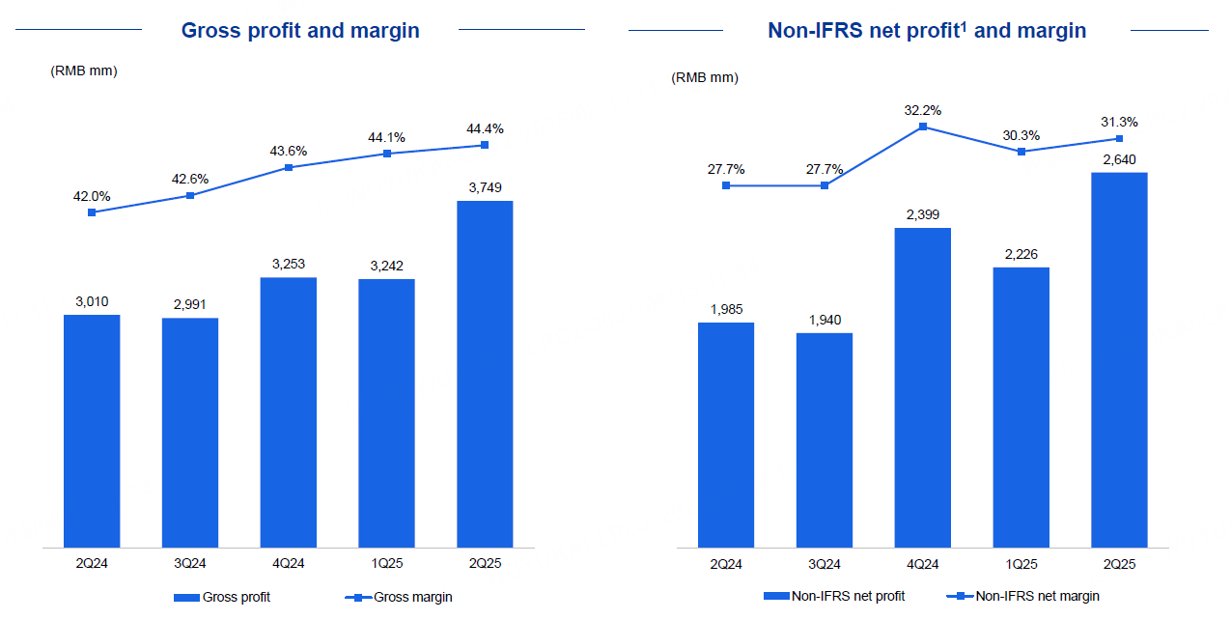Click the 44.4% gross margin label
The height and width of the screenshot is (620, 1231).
coord(484,128)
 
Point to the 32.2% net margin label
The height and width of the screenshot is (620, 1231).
coord(922,110)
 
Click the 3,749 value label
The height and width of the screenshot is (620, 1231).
coord(485,187)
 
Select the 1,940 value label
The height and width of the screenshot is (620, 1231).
coord(825,320)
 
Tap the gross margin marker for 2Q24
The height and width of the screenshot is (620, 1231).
coord(92,212)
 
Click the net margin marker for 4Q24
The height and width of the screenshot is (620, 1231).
coord(923,127)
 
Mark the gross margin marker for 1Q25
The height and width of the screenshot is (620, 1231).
coord(386,154)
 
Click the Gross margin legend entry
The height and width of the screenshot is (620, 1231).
coord(399,597)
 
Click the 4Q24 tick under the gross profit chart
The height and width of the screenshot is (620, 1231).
coord(289,563)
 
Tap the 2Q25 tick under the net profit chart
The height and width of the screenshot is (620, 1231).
coord(1119,563)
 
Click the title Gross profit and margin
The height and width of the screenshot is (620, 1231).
coord(300,30)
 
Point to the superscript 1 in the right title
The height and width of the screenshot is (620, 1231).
coord(964,25)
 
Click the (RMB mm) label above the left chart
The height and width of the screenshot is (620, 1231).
coord(84,70)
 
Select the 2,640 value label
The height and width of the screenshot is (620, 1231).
coord(1119,158)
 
